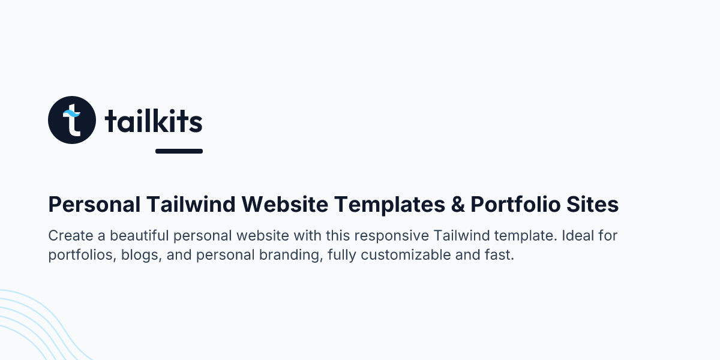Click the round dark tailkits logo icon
point(72,120)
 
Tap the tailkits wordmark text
point(154,122)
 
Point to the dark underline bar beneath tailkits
point(179,151)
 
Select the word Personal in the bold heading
point(94,205)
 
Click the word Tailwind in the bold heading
point(190,205)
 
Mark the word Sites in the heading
point(595,205)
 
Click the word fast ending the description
point(500,255)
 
